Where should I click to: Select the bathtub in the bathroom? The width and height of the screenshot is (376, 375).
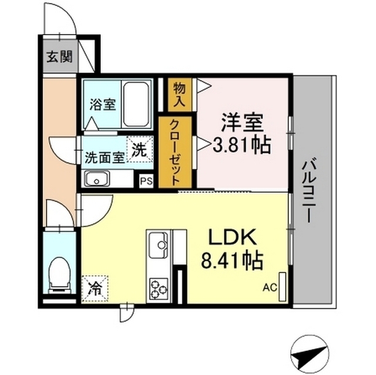click(136, 104)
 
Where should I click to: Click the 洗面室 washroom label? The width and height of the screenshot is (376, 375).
click(105, 157)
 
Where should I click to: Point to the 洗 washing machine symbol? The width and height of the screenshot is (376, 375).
click(140, 150)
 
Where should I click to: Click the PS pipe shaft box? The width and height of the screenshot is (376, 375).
click(146, 181)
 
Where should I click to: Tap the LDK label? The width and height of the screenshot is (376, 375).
click(231, 238)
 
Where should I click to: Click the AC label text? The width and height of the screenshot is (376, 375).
click(269, 288)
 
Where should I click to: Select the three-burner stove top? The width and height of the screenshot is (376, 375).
click(159, 287)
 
